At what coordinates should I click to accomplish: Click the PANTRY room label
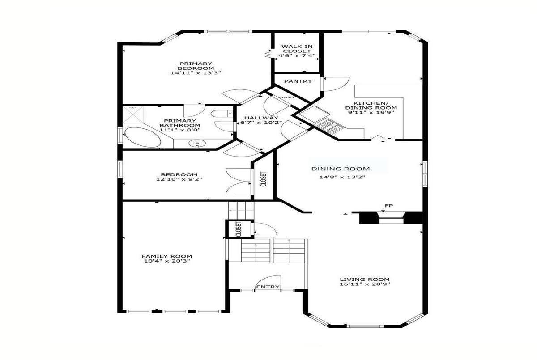pyautogui.click(x=298, y=81)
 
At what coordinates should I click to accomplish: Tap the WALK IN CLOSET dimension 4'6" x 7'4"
pyautogui.click(x=297, y=56)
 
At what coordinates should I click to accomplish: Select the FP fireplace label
pyautogui.click(x=389, y=206)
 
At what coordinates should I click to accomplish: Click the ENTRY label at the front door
pyautogui.click(x=268, y=287)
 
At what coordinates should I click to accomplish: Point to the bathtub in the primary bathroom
pyautogui.click(x=142, y=137)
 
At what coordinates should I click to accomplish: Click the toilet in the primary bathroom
pyautogui.click(x=222, y=114)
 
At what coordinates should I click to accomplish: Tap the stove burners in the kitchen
pyautogui.click(x=330, y=126)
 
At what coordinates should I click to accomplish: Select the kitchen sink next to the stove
pyautogui.click(x=314, y=114)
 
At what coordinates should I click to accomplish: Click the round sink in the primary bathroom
pyautogui.click(x=197, y=144)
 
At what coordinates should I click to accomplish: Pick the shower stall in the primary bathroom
pyautogui.click(x=133, y=115)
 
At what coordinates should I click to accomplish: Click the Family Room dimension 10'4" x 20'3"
pyautogui.click(x=167, y=261)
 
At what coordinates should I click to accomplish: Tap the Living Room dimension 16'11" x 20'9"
pyautogui.click(x=365, y=284)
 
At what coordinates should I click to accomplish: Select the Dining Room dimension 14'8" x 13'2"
pyautogui.click(x=342, y=177)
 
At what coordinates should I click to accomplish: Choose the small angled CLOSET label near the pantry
pyautogui.click(x=287, y=97)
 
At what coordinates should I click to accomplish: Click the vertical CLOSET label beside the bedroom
pyautogui.click(x=263, y=179)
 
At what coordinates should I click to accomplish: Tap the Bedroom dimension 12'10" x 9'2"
pyautogui.click(x=179, y=179)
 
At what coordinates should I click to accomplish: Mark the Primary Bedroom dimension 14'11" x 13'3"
pyautogui.click(x=196, y=73)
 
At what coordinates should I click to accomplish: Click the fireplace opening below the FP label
pyautogui.click(x=391, y=218)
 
